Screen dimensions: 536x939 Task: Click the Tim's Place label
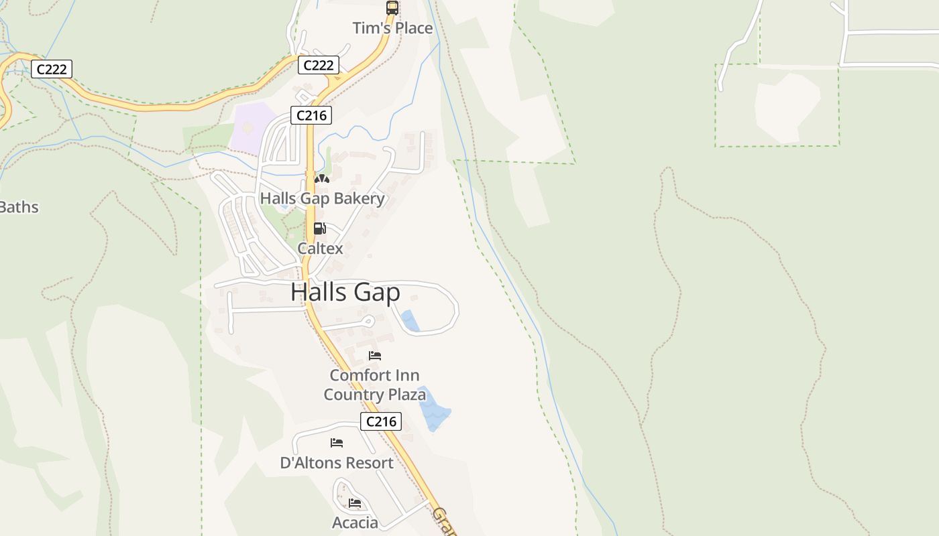pos(393,28)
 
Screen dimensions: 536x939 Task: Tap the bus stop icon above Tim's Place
pos(392,8)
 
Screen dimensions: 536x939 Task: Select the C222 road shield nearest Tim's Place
pos(318,65)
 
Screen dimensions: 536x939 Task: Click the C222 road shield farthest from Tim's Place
pos(52,69)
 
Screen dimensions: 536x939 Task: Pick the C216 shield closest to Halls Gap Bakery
pos(311,115)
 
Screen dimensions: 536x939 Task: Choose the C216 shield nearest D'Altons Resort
pos(381,421)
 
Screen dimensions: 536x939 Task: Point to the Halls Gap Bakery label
pos(323,198)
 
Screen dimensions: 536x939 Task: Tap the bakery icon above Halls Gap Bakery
pos(322,179)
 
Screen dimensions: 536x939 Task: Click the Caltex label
pos(320,248)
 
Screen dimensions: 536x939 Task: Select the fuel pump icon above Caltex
pos(320,229)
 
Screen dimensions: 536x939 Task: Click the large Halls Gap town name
pos(345,292)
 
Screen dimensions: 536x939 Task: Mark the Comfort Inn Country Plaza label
pos(374,385)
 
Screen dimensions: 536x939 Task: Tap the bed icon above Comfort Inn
pos(375,355)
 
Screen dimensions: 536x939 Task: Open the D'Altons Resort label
pos(337,462)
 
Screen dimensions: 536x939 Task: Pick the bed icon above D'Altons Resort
pos(337,443)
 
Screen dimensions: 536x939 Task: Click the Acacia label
pos(355,522)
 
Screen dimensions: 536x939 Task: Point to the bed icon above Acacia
pos(355,503)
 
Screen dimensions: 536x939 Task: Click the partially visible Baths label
pos(19,207)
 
